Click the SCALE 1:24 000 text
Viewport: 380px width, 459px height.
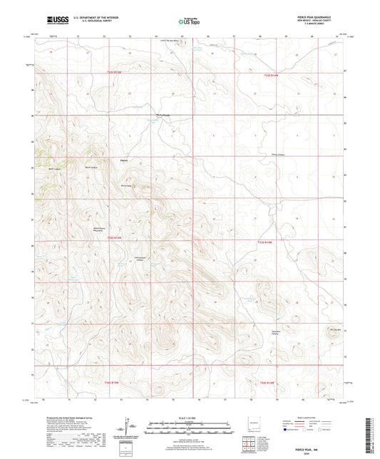coord(190,417)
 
